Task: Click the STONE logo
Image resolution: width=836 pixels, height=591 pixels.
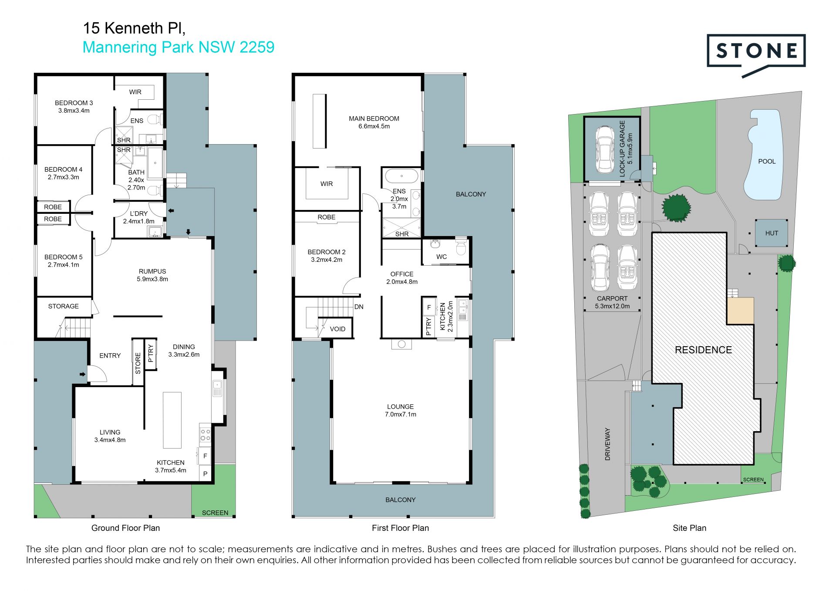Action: click(756, 55)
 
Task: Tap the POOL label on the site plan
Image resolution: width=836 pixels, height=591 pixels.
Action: click(767, 162)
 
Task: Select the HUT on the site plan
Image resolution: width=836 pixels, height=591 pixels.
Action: click(772, 233)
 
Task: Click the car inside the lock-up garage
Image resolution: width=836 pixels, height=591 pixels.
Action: click(605, 149)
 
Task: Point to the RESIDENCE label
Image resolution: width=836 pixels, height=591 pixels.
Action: click(703, 350)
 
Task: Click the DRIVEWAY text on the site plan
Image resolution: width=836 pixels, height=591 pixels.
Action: click(607, 444)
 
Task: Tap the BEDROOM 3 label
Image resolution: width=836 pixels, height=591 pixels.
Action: click(74, 103)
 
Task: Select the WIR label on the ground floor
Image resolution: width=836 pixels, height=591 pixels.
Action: click(135, 92)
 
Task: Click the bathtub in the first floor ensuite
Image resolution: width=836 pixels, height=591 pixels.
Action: click(401, 176)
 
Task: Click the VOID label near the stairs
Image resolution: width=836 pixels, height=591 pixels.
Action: click(337, 329)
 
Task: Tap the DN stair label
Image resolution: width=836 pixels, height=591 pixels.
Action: click(359, 307)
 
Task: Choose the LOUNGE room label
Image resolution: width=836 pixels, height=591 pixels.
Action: click(400, 407)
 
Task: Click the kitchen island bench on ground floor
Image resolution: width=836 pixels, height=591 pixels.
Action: click(172, 420)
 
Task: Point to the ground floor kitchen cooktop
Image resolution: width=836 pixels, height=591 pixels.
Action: click(205, 435)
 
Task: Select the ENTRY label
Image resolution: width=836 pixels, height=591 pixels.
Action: click(110, 356)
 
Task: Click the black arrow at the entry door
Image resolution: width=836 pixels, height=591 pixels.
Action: click(82, 374)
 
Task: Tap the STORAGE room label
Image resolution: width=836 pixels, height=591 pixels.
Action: click(63, 306)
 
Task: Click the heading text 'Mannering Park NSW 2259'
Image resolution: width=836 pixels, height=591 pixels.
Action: click(179, 47)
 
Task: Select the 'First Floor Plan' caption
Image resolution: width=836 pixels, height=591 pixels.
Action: click(400, 528)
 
